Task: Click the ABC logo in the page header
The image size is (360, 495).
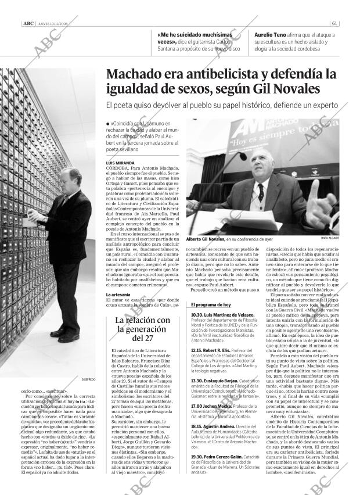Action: (x=27, y=24)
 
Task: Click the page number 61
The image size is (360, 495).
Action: (x=335, y=24)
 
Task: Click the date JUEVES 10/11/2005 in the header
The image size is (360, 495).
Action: (x=54, y=24)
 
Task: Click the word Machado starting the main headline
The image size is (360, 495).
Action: (x=135, y=74)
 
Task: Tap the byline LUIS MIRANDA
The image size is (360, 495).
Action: (x=121, y=163)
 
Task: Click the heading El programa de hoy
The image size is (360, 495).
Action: (x=211, y=304)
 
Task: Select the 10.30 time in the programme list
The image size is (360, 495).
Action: (x=196, y=314)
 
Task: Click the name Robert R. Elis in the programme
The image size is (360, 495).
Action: (x=218, y=351)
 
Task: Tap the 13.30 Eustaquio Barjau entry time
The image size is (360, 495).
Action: (x=196, y=381)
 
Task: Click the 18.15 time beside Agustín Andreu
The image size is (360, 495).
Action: (x=196, y=426)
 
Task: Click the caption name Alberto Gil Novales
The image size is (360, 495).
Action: (x=204, y=239)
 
